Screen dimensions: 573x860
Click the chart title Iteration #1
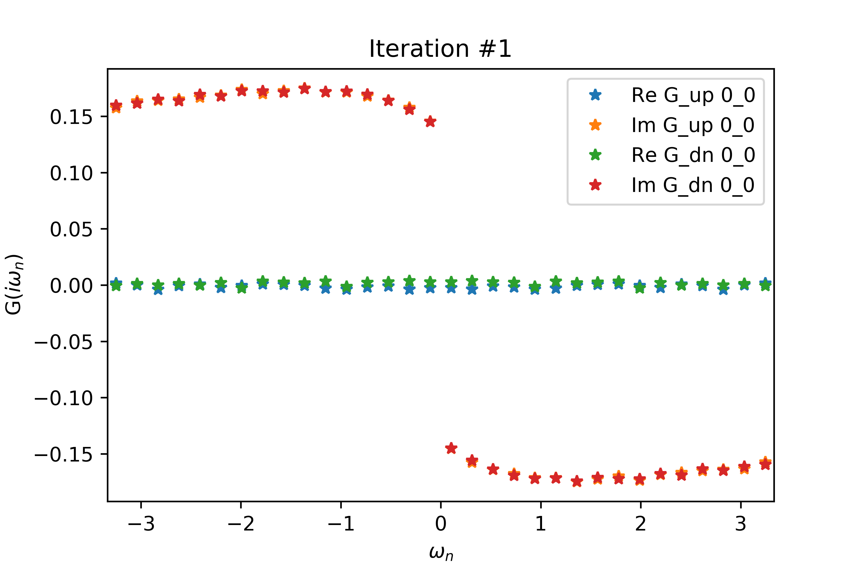[440, 49]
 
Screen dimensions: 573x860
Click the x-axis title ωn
[441, 553]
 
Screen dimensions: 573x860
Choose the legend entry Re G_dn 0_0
[693, 155]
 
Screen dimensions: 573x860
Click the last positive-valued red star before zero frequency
[430, 122]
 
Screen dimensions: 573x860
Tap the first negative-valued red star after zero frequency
[451, 448]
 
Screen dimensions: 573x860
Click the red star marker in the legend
[595, 185]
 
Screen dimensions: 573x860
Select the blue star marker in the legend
[595, 95]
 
